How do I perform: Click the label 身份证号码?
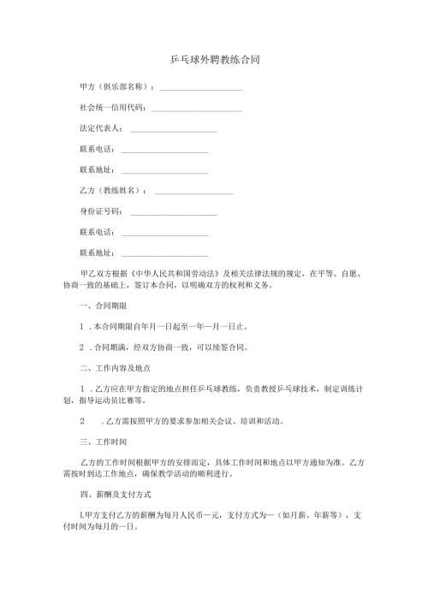tap(100, 211)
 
